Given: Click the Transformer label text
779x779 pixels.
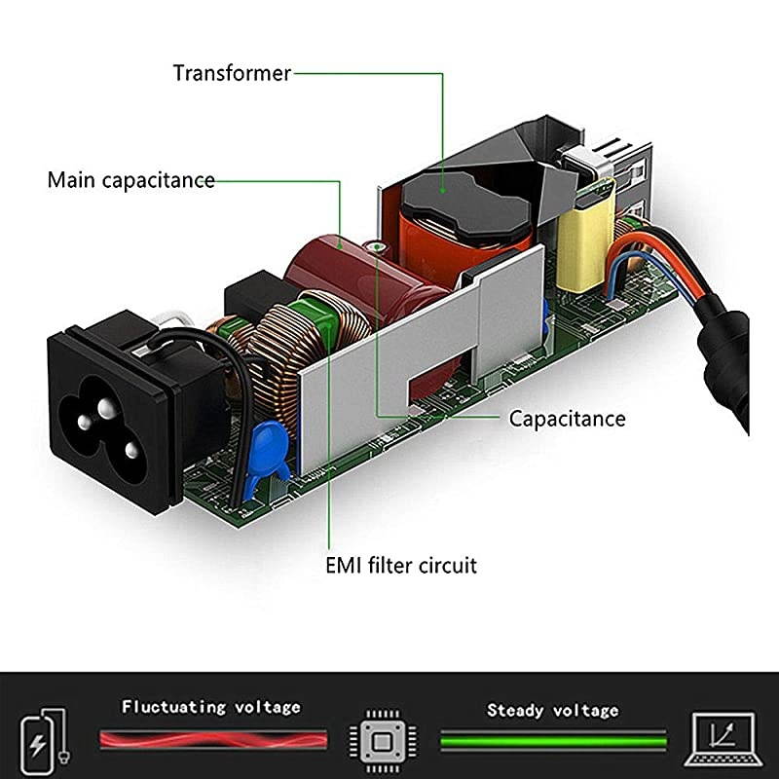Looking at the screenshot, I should point(232,73).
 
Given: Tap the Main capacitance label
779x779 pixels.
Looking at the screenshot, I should point(131,181).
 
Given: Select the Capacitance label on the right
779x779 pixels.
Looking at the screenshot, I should point(568,419).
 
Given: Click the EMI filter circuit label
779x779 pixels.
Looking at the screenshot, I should point(401,565).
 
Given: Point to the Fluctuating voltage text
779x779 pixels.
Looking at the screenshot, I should point(211,707).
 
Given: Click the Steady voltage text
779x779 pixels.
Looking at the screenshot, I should point(552,710).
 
